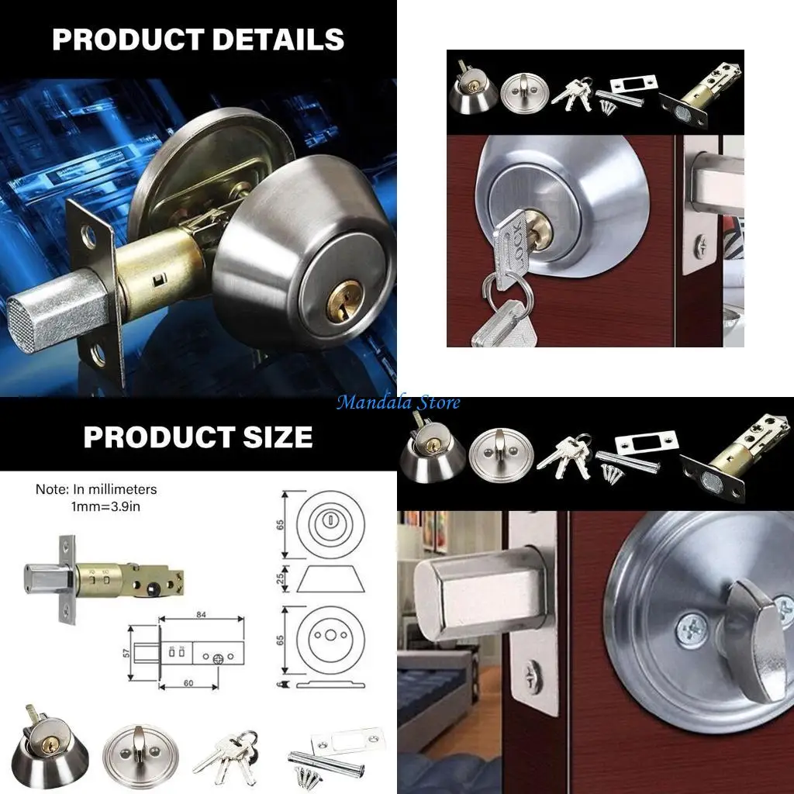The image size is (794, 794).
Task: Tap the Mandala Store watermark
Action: [398, 402]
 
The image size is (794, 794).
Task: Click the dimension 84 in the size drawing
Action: [200, 615]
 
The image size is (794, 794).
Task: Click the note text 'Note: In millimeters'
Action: [96, 489]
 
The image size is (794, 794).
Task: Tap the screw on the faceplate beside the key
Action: [700, 247]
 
